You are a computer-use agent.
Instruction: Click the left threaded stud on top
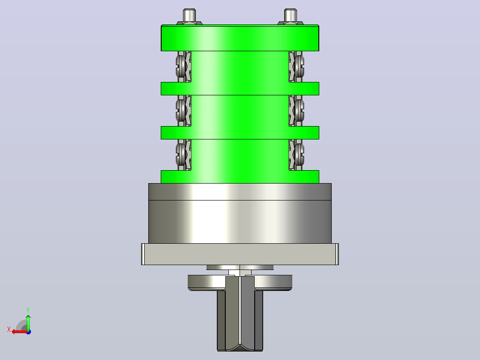click(189, 15)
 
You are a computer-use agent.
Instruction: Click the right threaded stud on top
click(290, 15)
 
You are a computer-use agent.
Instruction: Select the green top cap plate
click(240, 38)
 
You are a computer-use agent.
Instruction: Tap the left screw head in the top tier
click(181, 66)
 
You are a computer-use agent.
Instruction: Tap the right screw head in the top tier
click(299, 66)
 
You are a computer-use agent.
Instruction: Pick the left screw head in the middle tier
click(181, 110)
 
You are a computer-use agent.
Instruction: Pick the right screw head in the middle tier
click(299, 110)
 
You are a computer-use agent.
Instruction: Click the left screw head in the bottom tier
click(181, 155)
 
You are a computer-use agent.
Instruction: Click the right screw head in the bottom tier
click(299, 155)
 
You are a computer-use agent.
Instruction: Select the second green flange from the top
click(240, 89)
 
